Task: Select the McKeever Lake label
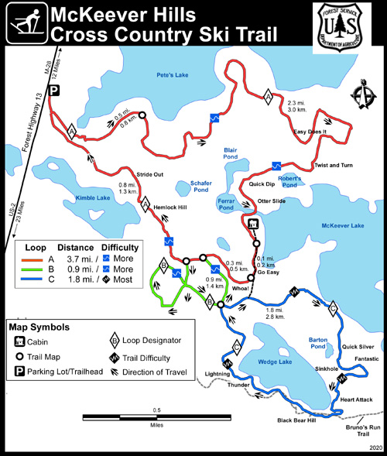(x=341, y=225)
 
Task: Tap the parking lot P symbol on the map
(x=54, y=91)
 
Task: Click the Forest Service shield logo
(x=342, y=27)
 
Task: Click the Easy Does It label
(x=310, y=132)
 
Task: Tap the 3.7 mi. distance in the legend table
(x=79, y=258)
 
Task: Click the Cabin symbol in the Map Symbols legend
(x=19, y=341)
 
